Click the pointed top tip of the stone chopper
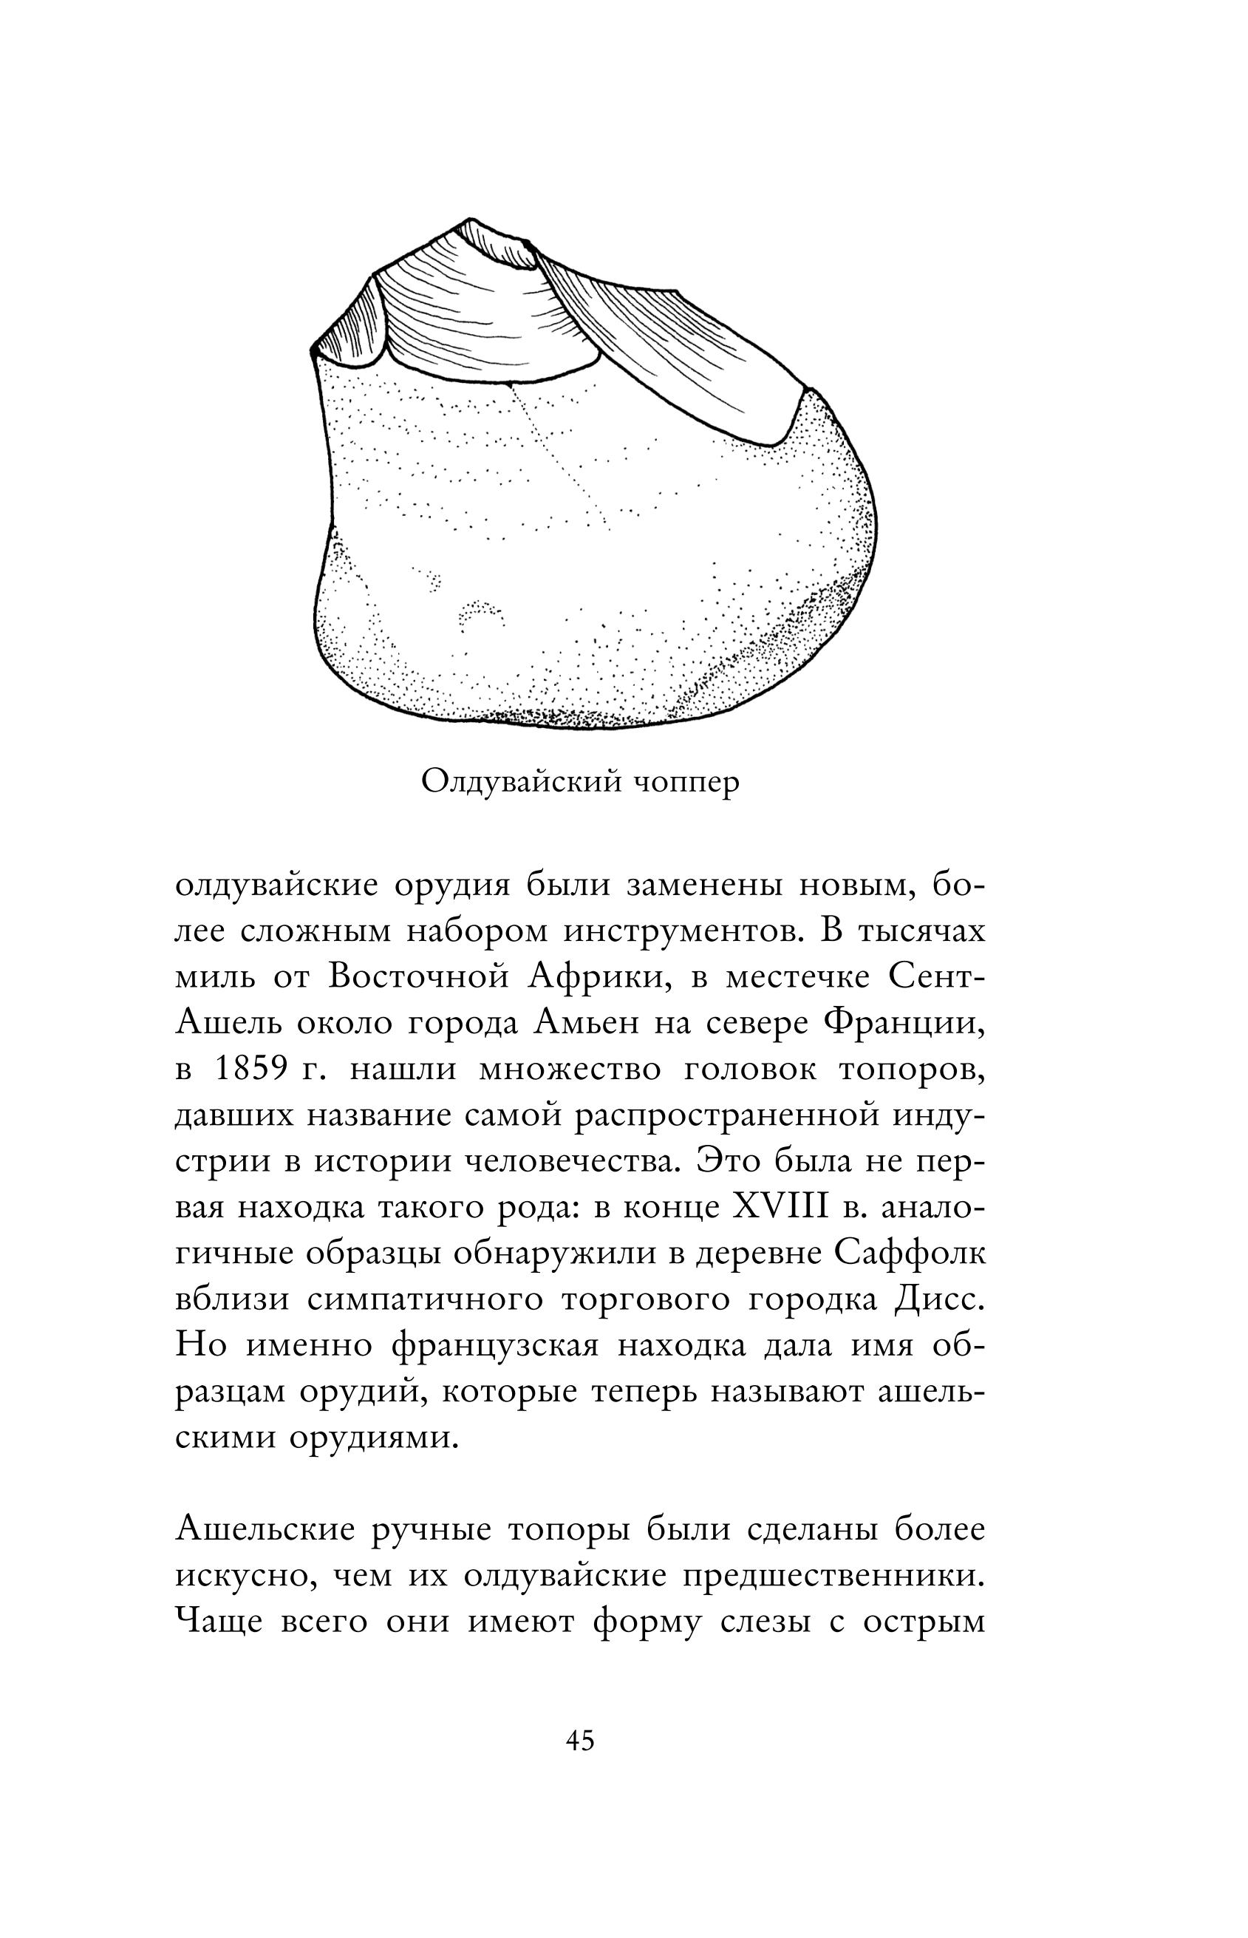tap(470, 219)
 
